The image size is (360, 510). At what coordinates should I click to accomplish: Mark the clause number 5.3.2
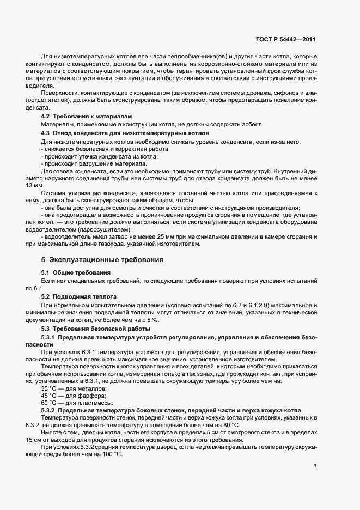point(50,410)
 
